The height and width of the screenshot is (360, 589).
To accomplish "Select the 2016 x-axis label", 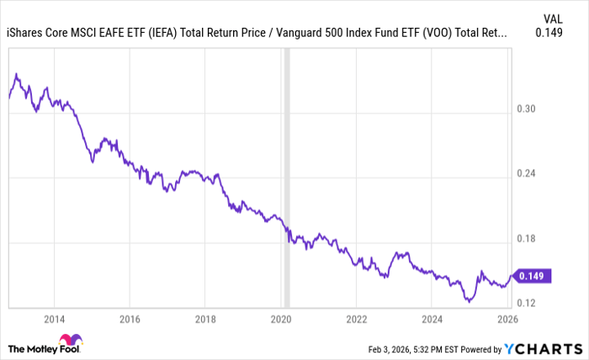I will (x=129, y=320).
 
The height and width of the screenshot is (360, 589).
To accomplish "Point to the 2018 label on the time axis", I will (x=204, y=320).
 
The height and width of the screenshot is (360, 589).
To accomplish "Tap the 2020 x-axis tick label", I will (x=280, y=320).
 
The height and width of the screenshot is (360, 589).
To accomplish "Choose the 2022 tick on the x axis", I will (x=356, y=320).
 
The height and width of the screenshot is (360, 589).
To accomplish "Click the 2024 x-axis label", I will (x=432, y=320).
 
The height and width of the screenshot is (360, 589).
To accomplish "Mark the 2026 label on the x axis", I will (x=507, y=320).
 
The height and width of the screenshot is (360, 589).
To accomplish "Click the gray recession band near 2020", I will (x=286, y=168).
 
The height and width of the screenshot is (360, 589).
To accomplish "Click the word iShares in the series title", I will (x=26, y=34).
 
